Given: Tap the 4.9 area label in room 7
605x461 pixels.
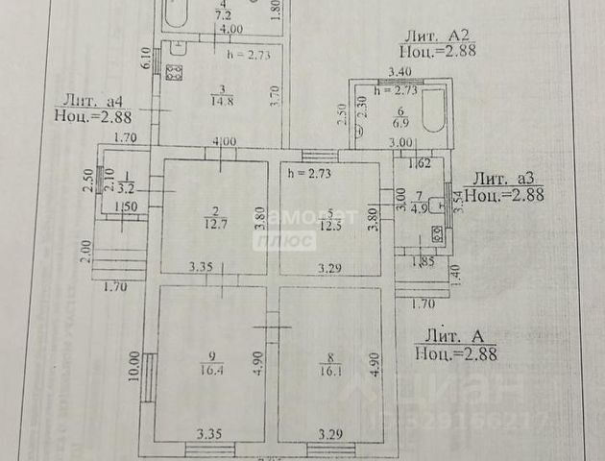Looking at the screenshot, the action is pos(418,205).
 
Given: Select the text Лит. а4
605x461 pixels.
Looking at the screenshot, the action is pos(93,100).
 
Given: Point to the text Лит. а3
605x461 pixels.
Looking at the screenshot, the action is pos(505,178).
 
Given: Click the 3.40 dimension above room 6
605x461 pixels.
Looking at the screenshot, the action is pos(399,71).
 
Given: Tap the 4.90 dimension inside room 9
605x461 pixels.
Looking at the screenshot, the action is pos(256,362).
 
